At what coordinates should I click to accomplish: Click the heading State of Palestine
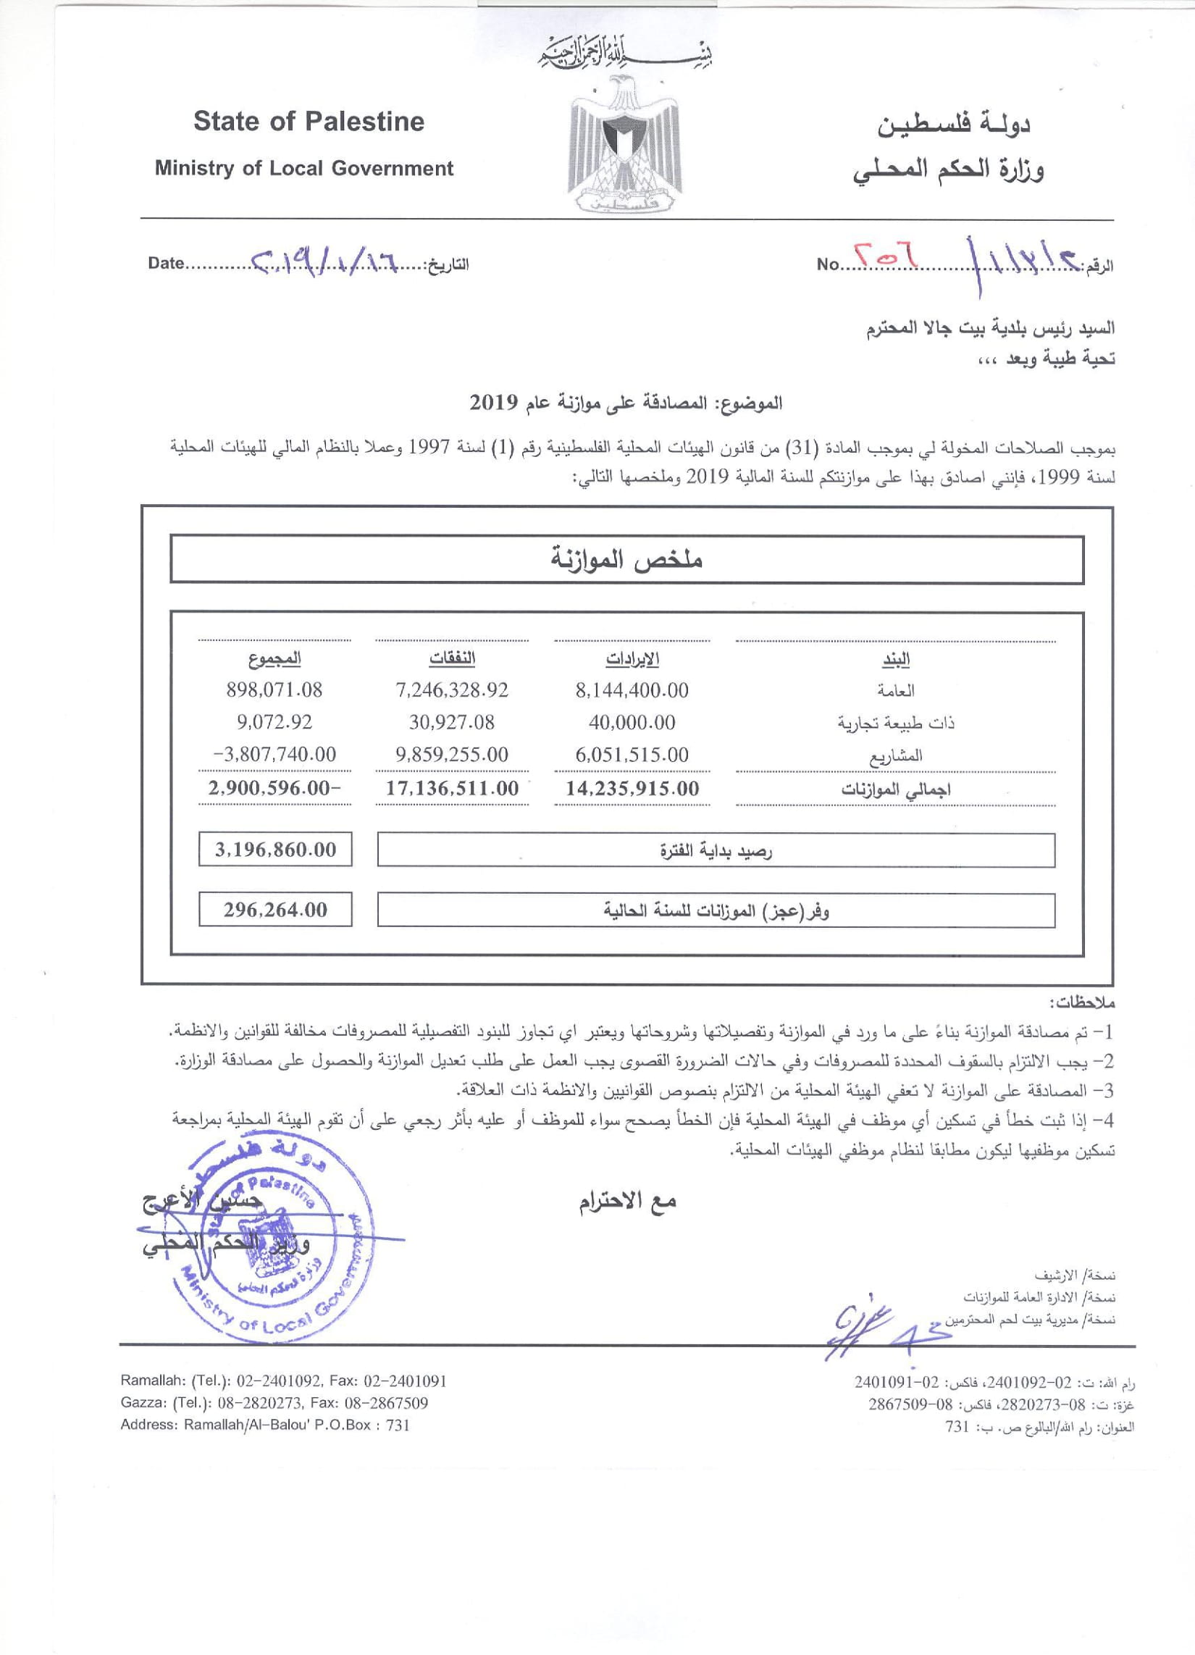point(309,121)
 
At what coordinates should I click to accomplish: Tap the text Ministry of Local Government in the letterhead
point(303,169)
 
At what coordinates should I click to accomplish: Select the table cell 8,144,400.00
point(632,690)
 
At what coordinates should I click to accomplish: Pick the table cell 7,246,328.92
point(452,690)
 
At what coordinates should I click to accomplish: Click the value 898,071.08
point(274,690)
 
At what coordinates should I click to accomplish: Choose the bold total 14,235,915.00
point(632,788)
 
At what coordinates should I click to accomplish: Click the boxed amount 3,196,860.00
point(275,850)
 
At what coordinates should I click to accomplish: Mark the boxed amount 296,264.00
point(275,910)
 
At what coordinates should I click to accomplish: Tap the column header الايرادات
point(632,659)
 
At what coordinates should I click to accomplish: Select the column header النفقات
point(452,659)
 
